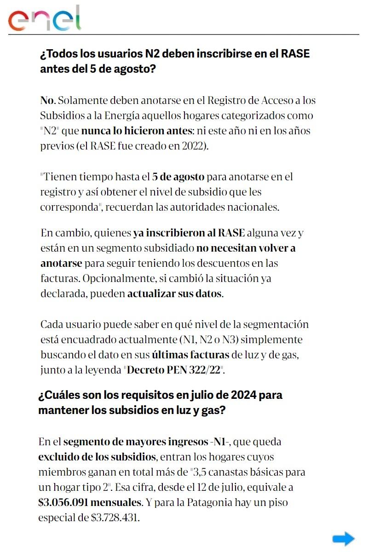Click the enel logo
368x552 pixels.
[45, 19]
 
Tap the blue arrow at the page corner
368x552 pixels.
[343, 539]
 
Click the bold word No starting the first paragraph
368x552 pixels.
[47, 100]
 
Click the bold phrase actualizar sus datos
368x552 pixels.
[175, 293]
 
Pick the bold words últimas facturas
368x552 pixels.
[190, 355]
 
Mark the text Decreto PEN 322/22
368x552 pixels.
[175, 370]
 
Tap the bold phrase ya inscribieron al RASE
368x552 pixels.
[189, 233]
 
